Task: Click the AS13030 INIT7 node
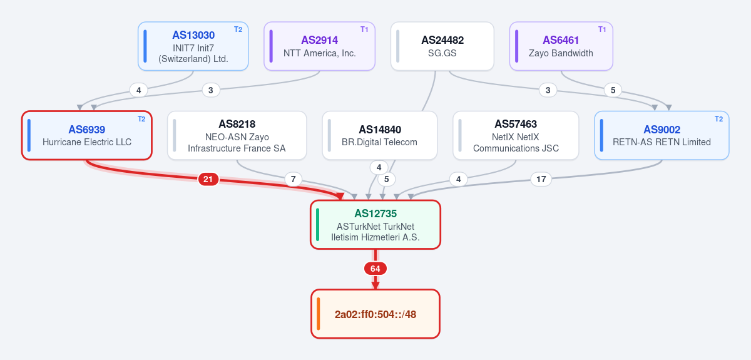(193, 46)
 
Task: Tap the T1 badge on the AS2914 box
(364, 29)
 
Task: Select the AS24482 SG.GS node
(442, 46)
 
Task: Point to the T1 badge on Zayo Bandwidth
(602, 29)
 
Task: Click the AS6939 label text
(87, 130)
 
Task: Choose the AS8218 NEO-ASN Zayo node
(237, 135)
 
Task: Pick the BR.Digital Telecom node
(379, 135)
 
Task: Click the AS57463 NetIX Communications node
(516, 135)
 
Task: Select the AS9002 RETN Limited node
(662, 135)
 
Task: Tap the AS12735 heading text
(375, 213)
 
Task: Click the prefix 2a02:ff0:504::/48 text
(375, 314)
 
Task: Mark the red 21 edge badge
(208, 179)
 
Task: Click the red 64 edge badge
(375, 269)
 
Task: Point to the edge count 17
(541, 179)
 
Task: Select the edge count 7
(294, 179)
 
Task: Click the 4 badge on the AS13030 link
(138, 90)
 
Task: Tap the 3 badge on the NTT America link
(211, 90)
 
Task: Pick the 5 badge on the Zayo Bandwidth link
(613, 90)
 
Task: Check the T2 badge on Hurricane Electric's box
(141, 119)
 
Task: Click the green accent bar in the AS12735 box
(317, 225)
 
